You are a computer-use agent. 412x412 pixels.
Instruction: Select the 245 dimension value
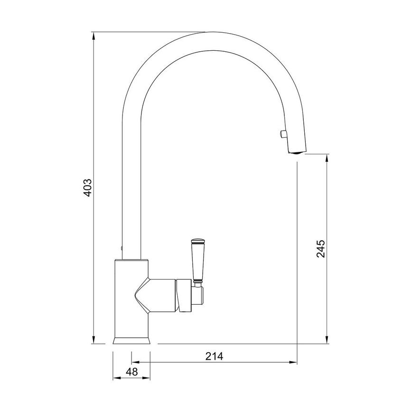[321, 249]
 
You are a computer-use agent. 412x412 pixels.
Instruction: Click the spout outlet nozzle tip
[296, 151]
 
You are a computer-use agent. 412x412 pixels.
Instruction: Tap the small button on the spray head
[283, 134]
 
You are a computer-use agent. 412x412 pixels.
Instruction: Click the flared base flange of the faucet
[131, 340]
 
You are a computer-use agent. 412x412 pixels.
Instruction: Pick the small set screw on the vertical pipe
[122, 247]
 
